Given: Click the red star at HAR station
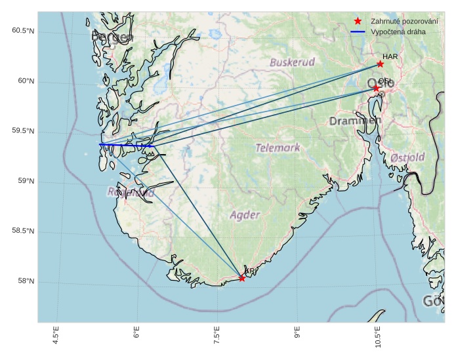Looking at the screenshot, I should pyautogui.click(x=380, y=64).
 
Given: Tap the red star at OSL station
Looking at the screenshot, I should pyautogui.click(x=376, y=88).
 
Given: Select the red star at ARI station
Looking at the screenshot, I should pyautogui.click(x=242, y=278).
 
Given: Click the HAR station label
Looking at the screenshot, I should pyautogui.click(x=390, y=57).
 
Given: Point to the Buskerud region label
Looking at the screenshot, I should pyautogui.click(x=292, y=62).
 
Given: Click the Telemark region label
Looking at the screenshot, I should pyautogui.click(x=278, y=148).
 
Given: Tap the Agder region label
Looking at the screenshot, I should pyautogui.click(x=245, y=214).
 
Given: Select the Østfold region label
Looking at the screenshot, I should pyautogui.click(x=407, y=157).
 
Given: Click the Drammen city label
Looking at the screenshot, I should pyautogui.click(x=355, y=121).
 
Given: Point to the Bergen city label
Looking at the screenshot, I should pyautogui.click(x=112, y=37).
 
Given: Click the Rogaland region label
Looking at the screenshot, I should pyautogui.click(x=131, y=193).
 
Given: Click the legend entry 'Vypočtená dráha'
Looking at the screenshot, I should pyautogui.click(x=398, y=31).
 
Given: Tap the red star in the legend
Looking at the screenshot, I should pyautogui.click(x=358, y=21).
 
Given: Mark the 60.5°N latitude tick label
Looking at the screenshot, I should pyautogui.click(x=23, y=31).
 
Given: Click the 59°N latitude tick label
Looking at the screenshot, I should pyautogui.click(x=26, y=182).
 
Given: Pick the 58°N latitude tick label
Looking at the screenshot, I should pyautogui.click(x=26, y=282).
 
